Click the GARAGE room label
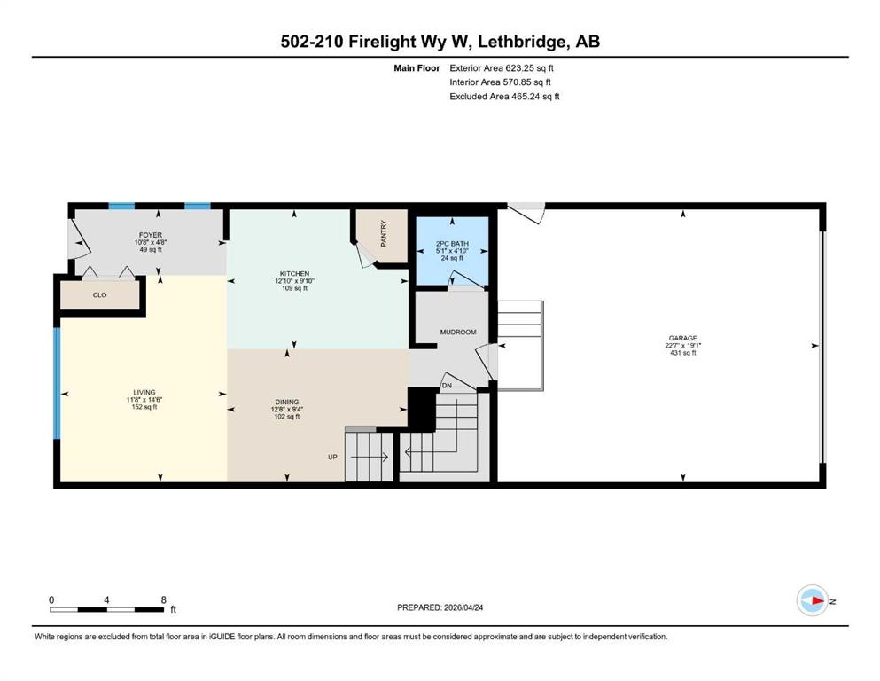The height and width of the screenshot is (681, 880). [x=682, y=338]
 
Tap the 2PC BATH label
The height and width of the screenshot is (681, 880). [x=452, y=244]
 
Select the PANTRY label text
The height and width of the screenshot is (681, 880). [x=384, y=233]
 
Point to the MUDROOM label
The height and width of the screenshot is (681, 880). [x=458, y=332]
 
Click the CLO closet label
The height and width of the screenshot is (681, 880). [x=99, y=294]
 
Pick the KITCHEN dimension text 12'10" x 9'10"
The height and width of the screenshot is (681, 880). [x=294, y=281]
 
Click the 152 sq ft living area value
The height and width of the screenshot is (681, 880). [x=144, y=407]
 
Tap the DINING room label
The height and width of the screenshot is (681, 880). [x=287, y=402]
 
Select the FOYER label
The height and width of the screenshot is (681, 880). [x=151, y=235]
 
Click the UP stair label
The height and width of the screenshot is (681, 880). [x=332, y=457]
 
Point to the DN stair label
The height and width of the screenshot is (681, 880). [x=447, y=386]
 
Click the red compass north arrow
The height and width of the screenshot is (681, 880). [x=818, y=600]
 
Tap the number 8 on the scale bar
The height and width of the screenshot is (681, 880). [x=163, y=599]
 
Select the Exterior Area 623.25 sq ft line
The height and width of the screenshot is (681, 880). [x=502, y=68]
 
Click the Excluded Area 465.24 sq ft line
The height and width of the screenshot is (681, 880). [x=504, y=96]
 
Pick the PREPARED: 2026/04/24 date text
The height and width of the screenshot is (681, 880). [x=440, y=607]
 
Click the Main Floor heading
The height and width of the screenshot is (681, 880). [x=417, y=68]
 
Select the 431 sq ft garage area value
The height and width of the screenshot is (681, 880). [x=682, y=353]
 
